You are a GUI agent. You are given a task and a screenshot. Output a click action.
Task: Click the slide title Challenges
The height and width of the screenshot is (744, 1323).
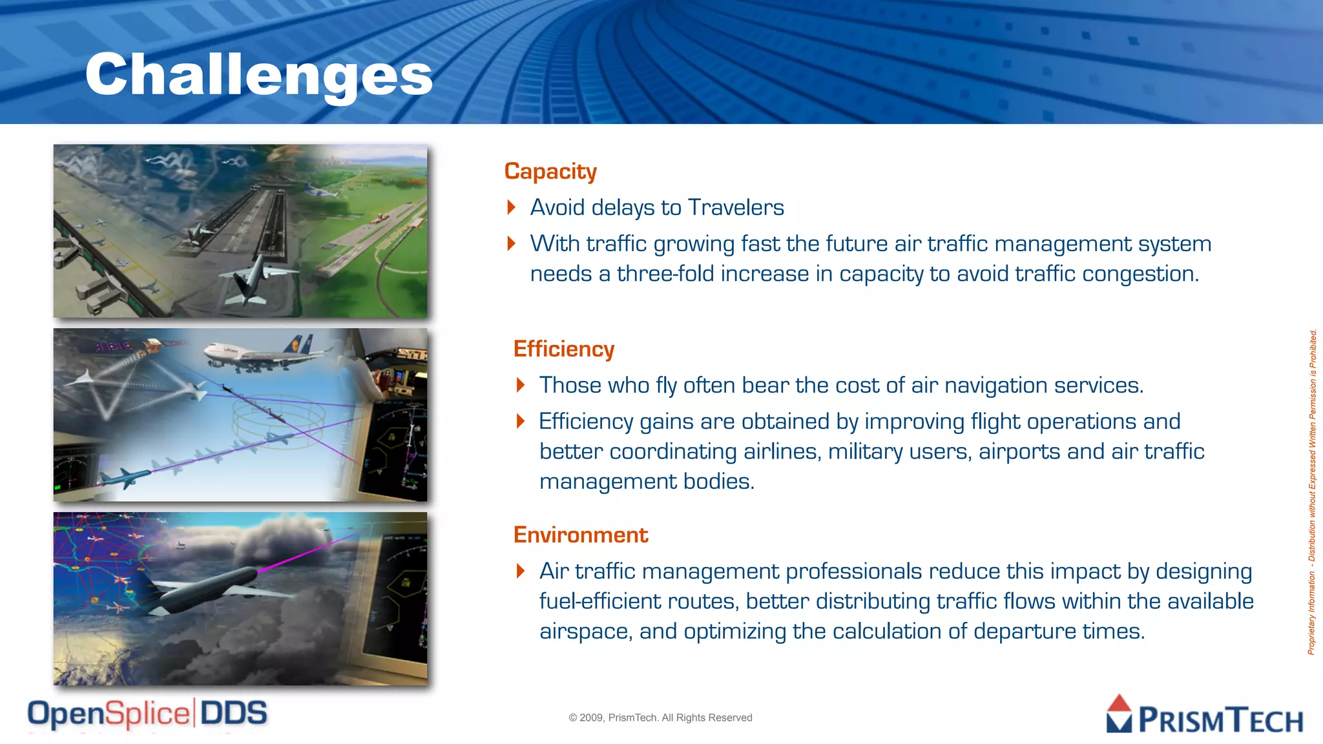tap(258, 75)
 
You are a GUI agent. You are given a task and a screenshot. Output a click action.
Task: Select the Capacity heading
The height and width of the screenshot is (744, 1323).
tap(550, 171)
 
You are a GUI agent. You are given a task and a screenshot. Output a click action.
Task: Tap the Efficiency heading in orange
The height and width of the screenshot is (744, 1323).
tap(563, 349)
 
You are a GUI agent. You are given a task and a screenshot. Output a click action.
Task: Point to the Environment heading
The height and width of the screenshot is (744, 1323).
tap(580, 535)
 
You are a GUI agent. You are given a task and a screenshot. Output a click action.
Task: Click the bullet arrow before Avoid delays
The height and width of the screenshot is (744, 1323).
tap(512, 207)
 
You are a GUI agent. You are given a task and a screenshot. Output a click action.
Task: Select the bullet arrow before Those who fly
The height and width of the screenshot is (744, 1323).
tap(521, 386)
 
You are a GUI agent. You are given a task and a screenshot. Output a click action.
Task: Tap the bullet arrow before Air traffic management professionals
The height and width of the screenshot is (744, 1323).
tap(521, 571)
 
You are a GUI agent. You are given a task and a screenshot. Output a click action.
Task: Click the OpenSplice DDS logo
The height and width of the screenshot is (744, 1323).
tap(147, 714)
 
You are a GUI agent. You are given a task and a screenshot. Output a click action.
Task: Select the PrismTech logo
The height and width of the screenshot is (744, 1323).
tap(1204, 716)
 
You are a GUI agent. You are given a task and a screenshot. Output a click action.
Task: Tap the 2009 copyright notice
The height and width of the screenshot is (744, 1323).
tap(660, 718)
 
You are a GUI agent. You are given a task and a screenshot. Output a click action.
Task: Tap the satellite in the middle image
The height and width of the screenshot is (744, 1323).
tap(152, 347)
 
